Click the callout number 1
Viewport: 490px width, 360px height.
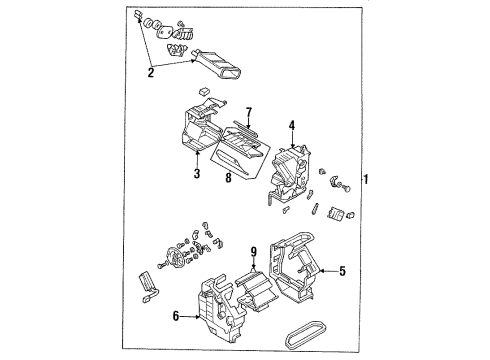[x=366, y=179]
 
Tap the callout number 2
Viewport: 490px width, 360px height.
[x=151, y=72]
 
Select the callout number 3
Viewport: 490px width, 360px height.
[x=197, y=173]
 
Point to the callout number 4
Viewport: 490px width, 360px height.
[x=292, y=126]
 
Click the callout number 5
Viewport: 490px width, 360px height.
[x=342, y=271]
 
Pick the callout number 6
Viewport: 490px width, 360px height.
[x=176, y=316]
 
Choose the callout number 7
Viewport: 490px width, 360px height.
[x=249, y=112]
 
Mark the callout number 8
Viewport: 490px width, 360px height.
[x=228, y=178]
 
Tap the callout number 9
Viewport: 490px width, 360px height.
[x=254, y=252]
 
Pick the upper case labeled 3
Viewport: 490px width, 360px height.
[x=202, y=127]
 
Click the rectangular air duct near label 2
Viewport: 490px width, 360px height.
[x=217, y=64]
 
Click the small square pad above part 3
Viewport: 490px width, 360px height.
[x=204, y=91]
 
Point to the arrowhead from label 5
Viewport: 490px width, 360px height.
[x=322, y=271]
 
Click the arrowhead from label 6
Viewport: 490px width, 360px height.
[x=198, y=317]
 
